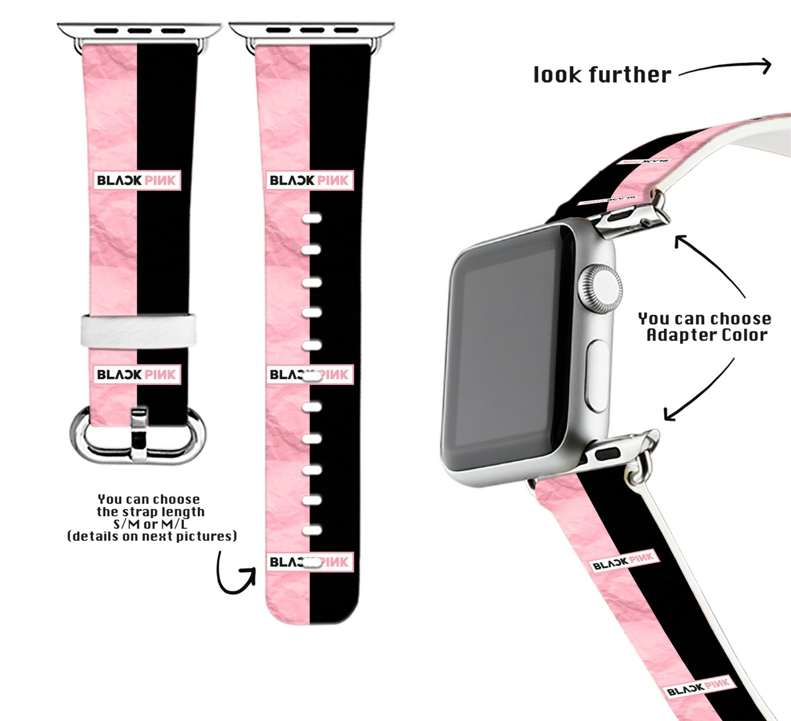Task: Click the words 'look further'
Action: pyautogui.click(x=602, y=75)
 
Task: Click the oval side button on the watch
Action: pyautogui.click(x=597, y=375)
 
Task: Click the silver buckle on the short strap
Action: pyautogui.click(x=138, y=435)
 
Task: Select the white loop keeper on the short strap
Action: pyautogui.click(x=138, y=330)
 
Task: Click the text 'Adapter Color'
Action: pyautogui.click(x=707, y=335)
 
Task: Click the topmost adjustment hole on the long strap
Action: pyautogui.click(x=311, y=218)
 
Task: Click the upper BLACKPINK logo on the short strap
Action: pyautogui.click(x=137, y=180)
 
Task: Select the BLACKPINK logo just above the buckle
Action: pyautogui.click(x=137, y=374)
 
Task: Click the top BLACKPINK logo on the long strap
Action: pyautogui.click(x=310, y=180)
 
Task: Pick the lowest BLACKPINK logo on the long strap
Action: pyautogui.click(x=310, y=562)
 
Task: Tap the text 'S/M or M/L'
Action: pyautogui.click(x=150, y=524)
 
